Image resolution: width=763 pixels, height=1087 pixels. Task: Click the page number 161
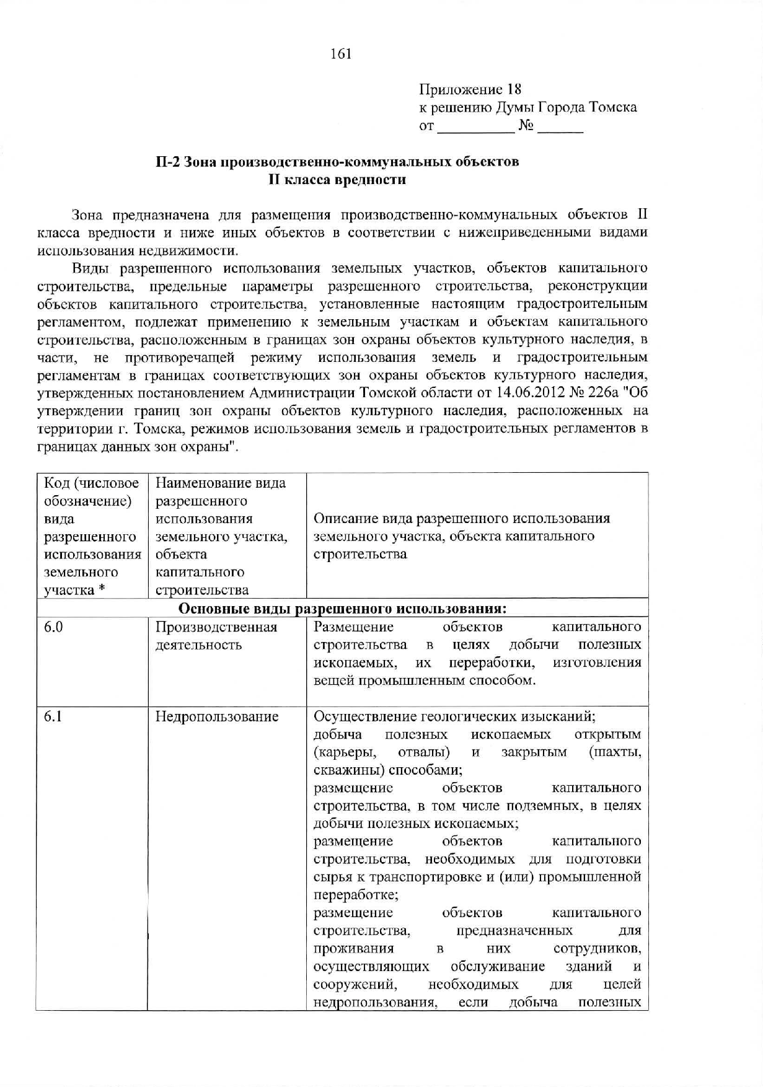pos(341,54)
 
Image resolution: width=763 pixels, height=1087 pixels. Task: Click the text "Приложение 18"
pos(470,89)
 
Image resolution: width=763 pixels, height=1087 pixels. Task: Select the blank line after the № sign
pos(560,128)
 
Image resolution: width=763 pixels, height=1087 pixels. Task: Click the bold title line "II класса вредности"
pos(337,180)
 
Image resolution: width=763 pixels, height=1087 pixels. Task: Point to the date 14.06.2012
pos(528,393)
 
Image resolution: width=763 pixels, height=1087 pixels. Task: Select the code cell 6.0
pos(53,627)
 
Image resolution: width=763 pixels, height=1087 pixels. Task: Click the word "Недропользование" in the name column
pos(217,717)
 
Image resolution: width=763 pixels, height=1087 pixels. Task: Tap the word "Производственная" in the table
pos(216,627)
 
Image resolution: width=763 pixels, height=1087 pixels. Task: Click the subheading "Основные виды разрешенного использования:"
pos(342,609)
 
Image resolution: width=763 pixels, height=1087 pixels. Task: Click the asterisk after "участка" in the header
pos(99,590)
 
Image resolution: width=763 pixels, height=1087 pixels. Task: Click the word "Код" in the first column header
pos(55,483)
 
